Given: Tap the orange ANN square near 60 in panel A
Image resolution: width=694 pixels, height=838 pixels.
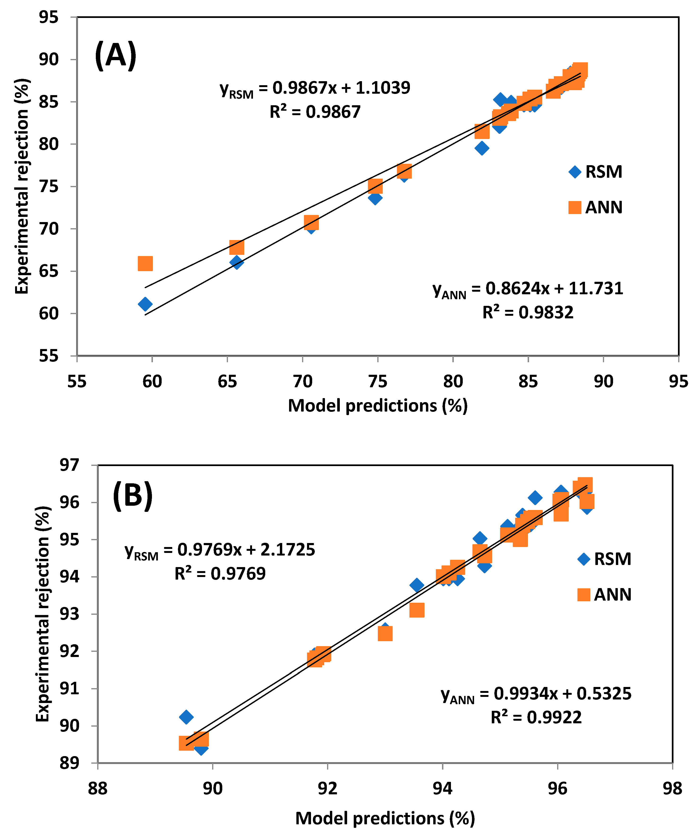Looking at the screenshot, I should [145, 263].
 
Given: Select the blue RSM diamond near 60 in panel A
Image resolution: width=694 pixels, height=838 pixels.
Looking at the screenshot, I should [145, 304].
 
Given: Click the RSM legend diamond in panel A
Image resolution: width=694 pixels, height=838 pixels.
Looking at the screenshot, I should [575, 172].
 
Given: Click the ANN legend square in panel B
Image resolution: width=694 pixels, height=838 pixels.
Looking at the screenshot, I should [584, 595].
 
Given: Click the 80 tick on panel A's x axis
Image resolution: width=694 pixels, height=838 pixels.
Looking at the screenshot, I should [453, 382].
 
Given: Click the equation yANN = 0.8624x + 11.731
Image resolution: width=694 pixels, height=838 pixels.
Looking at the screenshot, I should [528, 289].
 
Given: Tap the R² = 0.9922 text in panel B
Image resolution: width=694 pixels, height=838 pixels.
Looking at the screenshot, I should [536, 717].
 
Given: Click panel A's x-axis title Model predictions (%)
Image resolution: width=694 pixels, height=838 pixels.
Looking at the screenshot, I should [378, 406].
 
